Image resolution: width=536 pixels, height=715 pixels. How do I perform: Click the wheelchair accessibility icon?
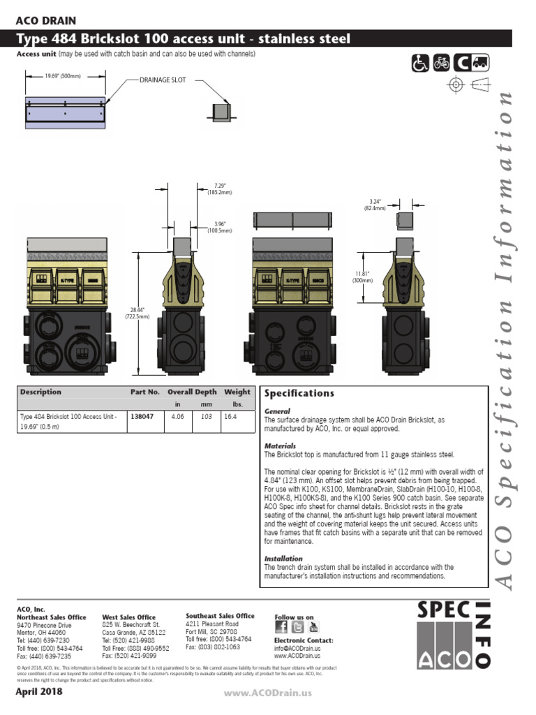[x=419, y=64]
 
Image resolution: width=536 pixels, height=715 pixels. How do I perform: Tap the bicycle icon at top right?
[x=441, y=64]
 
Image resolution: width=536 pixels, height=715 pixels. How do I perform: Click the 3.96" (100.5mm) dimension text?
[x=220, y=227]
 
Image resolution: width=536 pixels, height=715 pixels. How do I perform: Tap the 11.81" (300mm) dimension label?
[x=361, y=277]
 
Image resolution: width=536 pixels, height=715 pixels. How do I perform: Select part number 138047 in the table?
[x=142, y=415]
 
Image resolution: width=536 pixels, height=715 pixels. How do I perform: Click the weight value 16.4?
[x=230, y=415]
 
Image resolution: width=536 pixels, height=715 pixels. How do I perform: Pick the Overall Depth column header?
[x=192, y=392]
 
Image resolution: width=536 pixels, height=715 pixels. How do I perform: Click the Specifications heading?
[x=299, y=394]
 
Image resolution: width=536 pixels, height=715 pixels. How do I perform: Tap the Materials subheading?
[x=280, y=445]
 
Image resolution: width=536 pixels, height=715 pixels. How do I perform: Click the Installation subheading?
[x=283, y=559]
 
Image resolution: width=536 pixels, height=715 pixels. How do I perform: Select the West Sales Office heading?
[x=128, y=617]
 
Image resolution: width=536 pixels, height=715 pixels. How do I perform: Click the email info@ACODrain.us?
[x=297, y=648]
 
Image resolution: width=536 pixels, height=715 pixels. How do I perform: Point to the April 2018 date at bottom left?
[x=39, y=692]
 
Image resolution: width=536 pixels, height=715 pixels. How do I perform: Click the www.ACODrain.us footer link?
[x=267, y=693]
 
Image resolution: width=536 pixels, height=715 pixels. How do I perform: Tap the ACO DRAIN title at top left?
[x=46, y=21]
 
